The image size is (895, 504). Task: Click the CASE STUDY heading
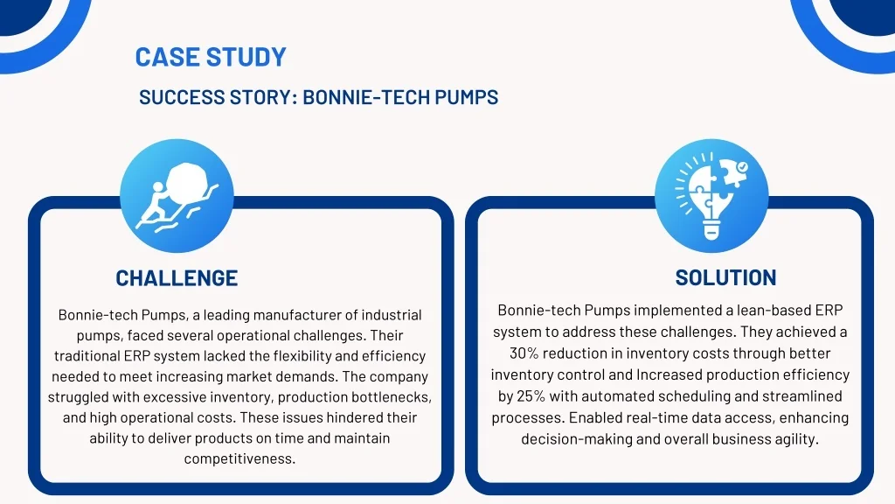(211, 57)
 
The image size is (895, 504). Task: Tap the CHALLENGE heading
(177, 278)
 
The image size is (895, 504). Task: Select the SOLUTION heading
(725, 277)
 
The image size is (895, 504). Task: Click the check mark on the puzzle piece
(741, 167)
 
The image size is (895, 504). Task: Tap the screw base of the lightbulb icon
(711, 230)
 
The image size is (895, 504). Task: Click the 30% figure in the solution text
(524, 353)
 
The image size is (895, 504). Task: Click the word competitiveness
(239, 458)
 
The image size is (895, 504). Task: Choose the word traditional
(87, 356)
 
